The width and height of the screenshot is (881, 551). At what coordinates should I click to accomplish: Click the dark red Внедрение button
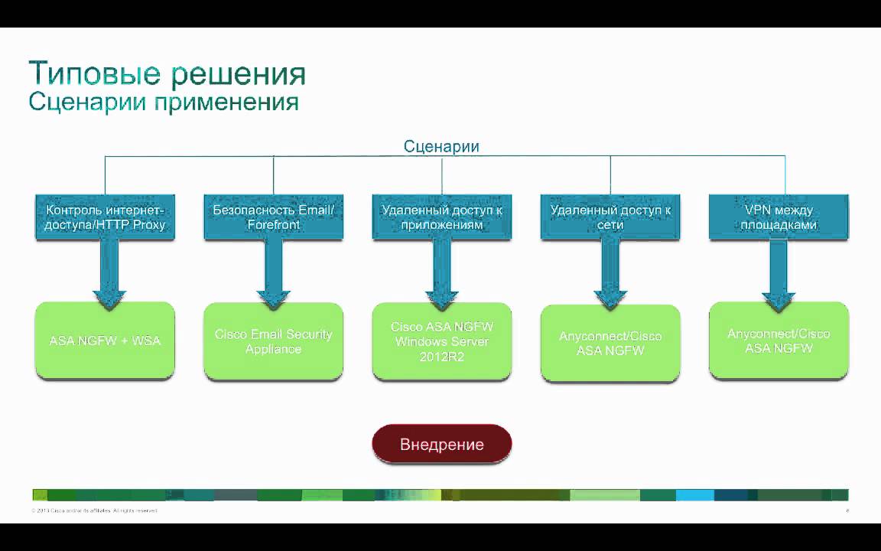(x=441, y=444)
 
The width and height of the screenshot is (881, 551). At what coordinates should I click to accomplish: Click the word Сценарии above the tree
(x=441, y=146)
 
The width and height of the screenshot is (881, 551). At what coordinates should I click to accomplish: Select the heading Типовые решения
(x=167, y=74)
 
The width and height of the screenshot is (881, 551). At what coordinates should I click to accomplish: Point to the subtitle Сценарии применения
(x=163, y=102)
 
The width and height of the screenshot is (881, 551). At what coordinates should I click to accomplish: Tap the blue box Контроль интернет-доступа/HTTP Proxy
(x=106, y=217)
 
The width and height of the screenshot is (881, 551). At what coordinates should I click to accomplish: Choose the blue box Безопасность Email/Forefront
(x=274, y=217)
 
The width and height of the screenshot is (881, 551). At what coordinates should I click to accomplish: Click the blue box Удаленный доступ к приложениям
(x=442, y=217)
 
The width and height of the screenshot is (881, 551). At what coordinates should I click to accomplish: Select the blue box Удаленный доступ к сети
(x=610, y=217)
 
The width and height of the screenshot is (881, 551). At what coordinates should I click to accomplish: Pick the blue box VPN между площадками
(x=779, y=217)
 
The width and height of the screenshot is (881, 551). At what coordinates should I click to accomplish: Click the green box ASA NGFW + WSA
(x=105, y=341)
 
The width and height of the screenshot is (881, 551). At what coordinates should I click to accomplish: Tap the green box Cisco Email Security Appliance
(x=273, y=341)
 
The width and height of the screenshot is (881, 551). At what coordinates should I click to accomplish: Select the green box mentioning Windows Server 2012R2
(x=442, y=341)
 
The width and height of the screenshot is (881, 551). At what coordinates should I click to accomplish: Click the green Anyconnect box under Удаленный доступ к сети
(x=610, y=344)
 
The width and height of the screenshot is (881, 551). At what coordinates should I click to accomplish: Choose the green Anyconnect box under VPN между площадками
(x=779, y=341)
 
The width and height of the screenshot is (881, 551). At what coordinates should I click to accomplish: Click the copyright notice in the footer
(x=94, y=510)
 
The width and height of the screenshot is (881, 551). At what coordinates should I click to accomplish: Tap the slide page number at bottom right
(x=847, y=510)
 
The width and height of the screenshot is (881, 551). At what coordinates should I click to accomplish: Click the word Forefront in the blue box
(x=274, y=225)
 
